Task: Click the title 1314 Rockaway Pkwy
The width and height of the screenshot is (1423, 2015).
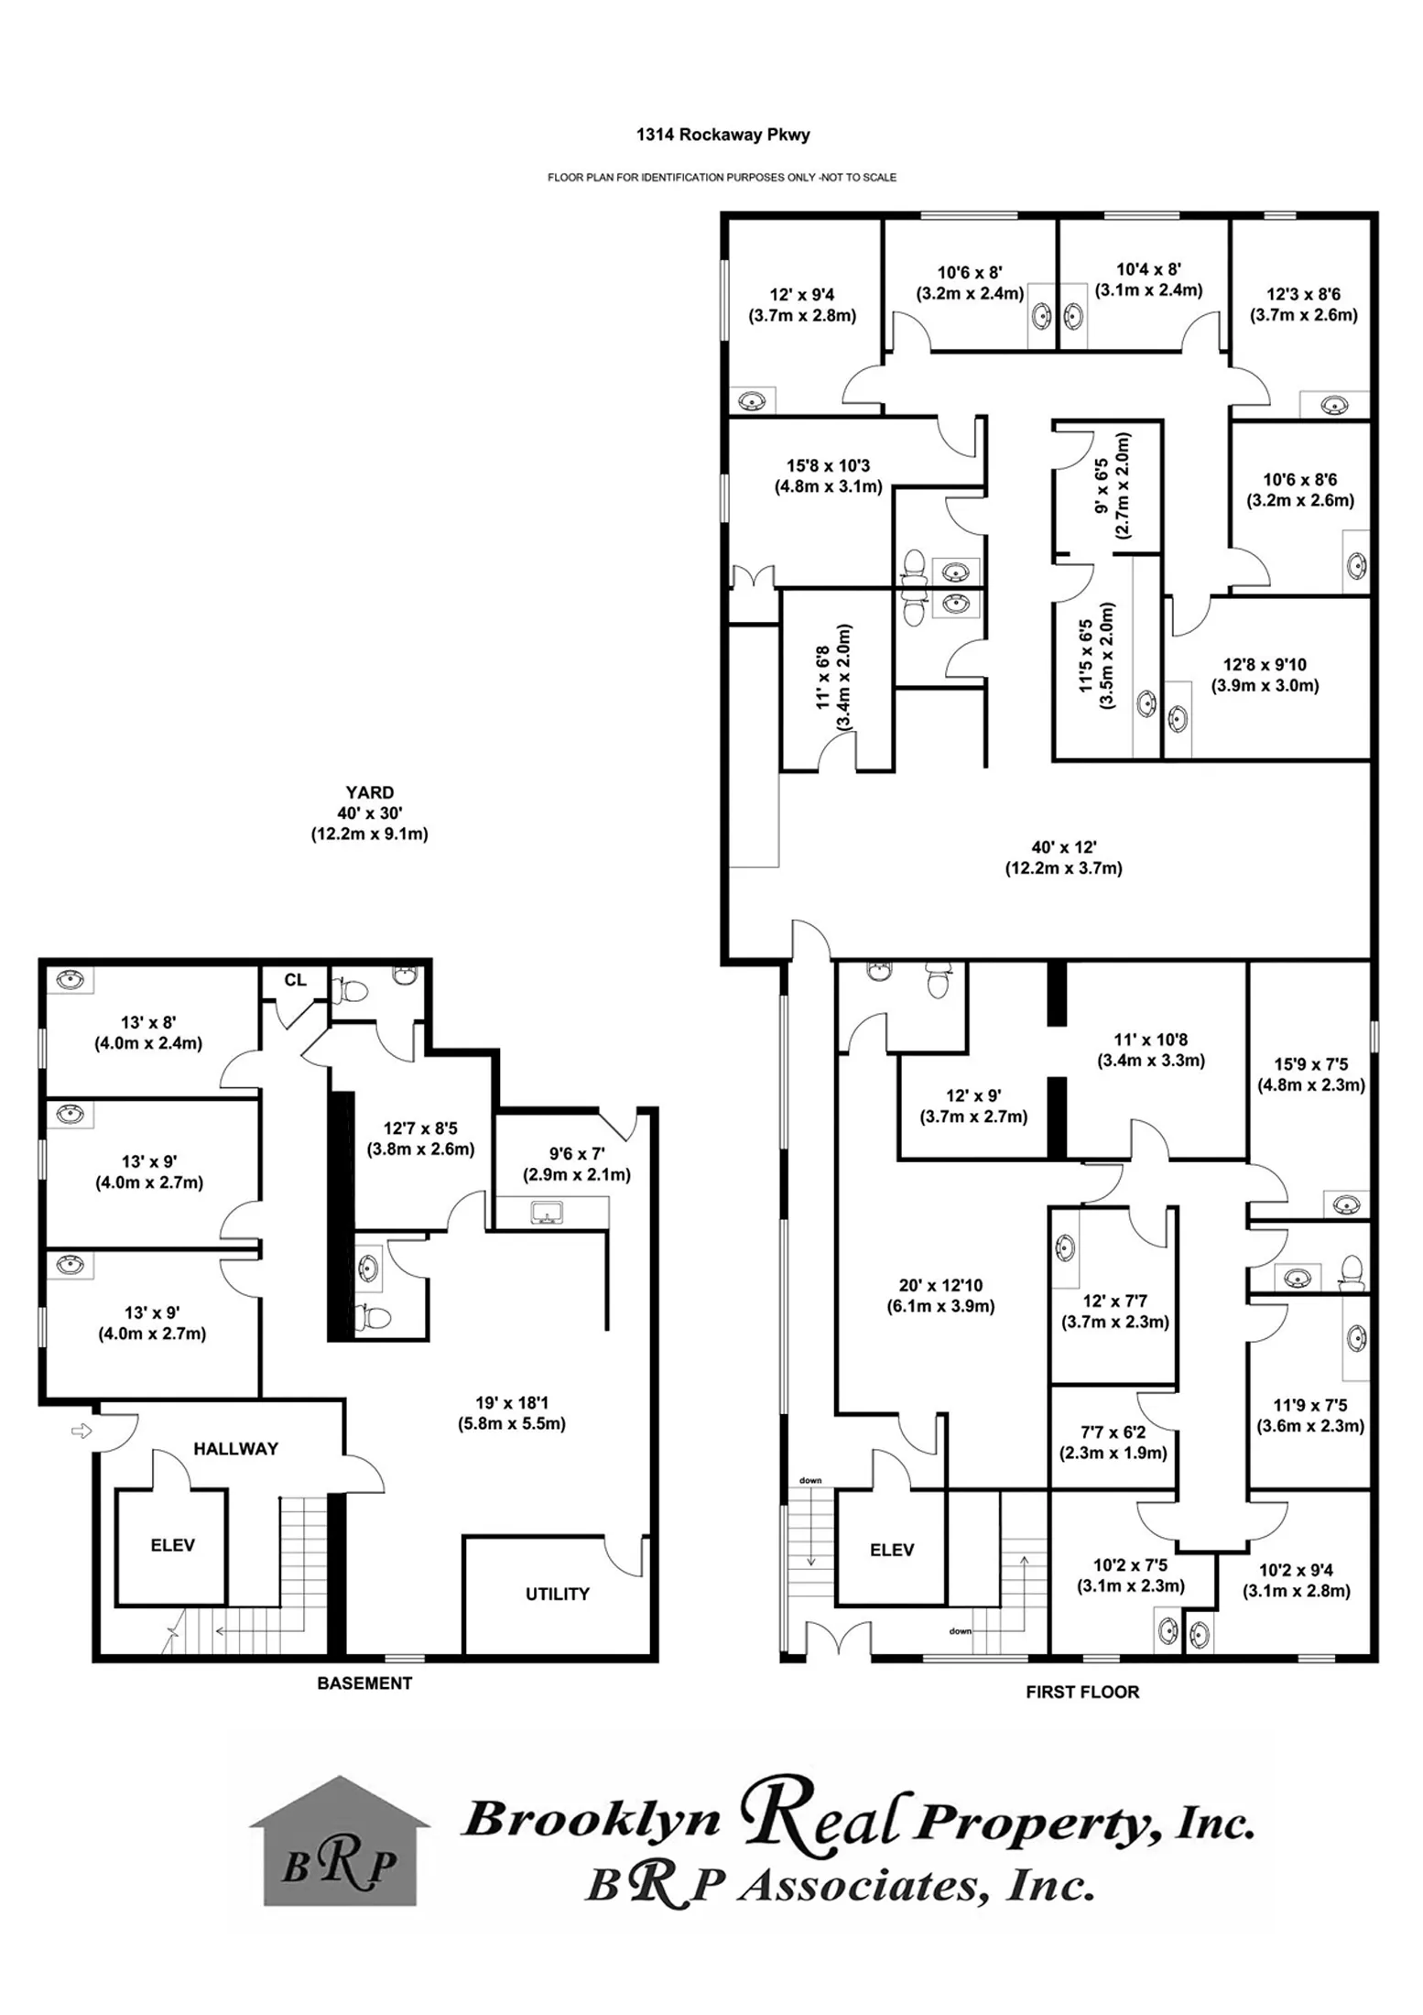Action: coord(722,135)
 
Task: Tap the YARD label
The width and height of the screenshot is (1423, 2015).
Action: coord(369,792)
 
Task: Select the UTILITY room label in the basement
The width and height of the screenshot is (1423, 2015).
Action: coord(557,1594)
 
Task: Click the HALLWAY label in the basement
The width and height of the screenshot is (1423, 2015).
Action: coord(235,1448)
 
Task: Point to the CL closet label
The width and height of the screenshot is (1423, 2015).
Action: coord(295,980)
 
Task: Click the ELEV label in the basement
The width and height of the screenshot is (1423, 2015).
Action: coord(172,1545)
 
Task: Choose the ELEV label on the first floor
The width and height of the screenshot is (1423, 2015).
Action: coord(891,1550)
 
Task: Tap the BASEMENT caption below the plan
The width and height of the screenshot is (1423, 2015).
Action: coord(364,1683)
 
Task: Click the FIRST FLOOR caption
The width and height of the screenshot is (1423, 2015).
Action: coord(1081,1692)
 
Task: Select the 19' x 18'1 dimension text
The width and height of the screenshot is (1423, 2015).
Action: coord(511,1402)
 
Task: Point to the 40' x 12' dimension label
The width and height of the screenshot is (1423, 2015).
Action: coord(1063,847)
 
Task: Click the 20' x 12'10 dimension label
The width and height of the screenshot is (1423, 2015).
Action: coord(940,1285)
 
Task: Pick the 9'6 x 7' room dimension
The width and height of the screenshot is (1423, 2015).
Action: coord(576,1154)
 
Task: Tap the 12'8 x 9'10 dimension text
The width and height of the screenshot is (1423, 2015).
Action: coord(1265,665)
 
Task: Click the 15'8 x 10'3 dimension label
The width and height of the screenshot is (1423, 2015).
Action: coord(828,466)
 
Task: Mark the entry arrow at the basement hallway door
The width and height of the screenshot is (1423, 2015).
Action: coord(81,1431)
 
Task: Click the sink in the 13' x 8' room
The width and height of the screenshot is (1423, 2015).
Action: coord(70,979)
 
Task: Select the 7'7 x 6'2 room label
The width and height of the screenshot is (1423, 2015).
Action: coord(1113,1432)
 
